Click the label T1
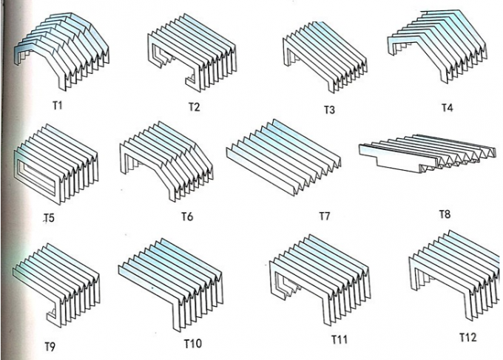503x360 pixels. click(x=57, y=105)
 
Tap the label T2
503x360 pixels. click(x=193, y=106)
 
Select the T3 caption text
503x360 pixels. click(x=329, y=110)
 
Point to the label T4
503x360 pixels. click(x=447, y=107)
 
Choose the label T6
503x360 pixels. click(x=187, y=217)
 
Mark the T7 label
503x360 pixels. click(x=324, y=217)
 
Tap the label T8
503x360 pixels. click(x=445, y=214)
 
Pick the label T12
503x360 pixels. click(x=467, y=337)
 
